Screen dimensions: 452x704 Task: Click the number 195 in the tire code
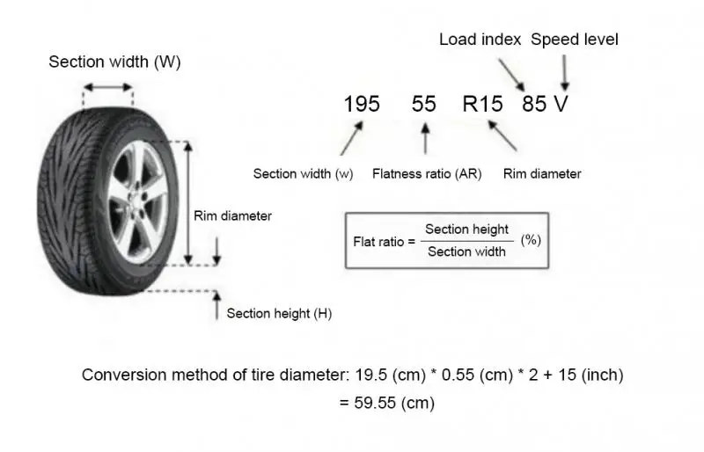point(362,104)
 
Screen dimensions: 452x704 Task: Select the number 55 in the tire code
point(423,104)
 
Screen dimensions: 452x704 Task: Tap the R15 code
point(483,104)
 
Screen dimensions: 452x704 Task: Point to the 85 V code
point(545,104)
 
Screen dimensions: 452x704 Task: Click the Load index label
point(479,40)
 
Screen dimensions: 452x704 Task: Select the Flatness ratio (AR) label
point(427,174)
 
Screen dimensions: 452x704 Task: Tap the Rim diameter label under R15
point(542,174)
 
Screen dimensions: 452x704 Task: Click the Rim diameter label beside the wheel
point(232,215)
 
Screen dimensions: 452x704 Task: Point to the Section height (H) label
point(278,313)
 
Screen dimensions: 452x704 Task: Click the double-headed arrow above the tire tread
point(107,87)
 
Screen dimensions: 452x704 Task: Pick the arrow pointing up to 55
point(426,139)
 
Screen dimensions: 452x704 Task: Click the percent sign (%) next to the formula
point(531,239)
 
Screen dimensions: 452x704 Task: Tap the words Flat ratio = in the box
point(383,240)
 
